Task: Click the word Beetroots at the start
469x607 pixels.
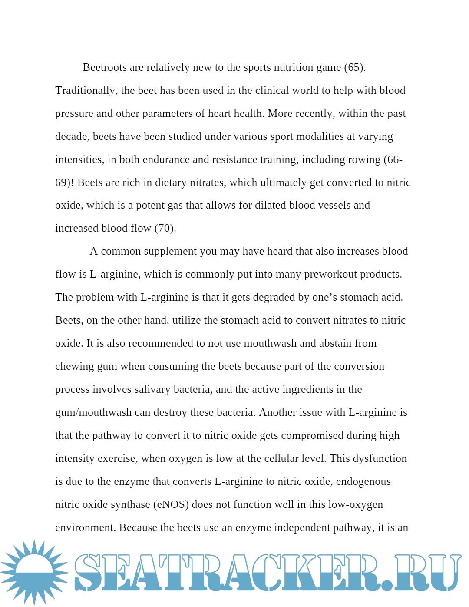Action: (x=105, y=67)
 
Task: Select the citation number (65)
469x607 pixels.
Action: (x=355, y=67)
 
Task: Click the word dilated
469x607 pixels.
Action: (x=271, y=205)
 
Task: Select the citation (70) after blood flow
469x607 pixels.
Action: (x=165, y=228)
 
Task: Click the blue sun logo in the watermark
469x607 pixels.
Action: (x=34, y=572)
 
